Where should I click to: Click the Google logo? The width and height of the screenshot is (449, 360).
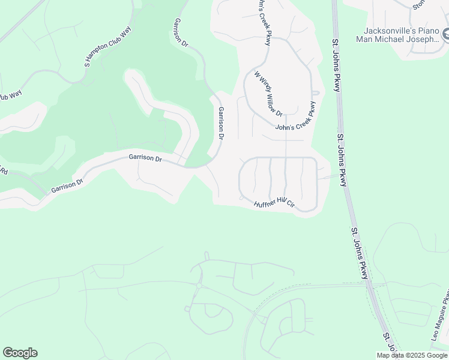(x=20, y=353)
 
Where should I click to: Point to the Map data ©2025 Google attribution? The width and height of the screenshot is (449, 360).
(x=412, y=355)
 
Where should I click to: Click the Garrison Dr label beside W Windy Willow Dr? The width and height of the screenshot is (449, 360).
(x=221, y=123)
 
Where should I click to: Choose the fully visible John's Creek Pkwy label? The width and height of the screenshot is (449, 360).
(x=295, y=119)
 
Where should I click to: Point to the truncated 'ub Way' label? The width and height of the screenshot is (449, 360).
(x=10, y=96)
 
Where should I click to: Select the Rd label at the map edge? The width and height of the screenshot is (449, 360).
(x=3, y=172)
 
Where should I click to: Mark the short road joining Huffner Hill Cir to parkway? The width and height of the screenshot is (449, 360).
(x=327, y=177)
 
